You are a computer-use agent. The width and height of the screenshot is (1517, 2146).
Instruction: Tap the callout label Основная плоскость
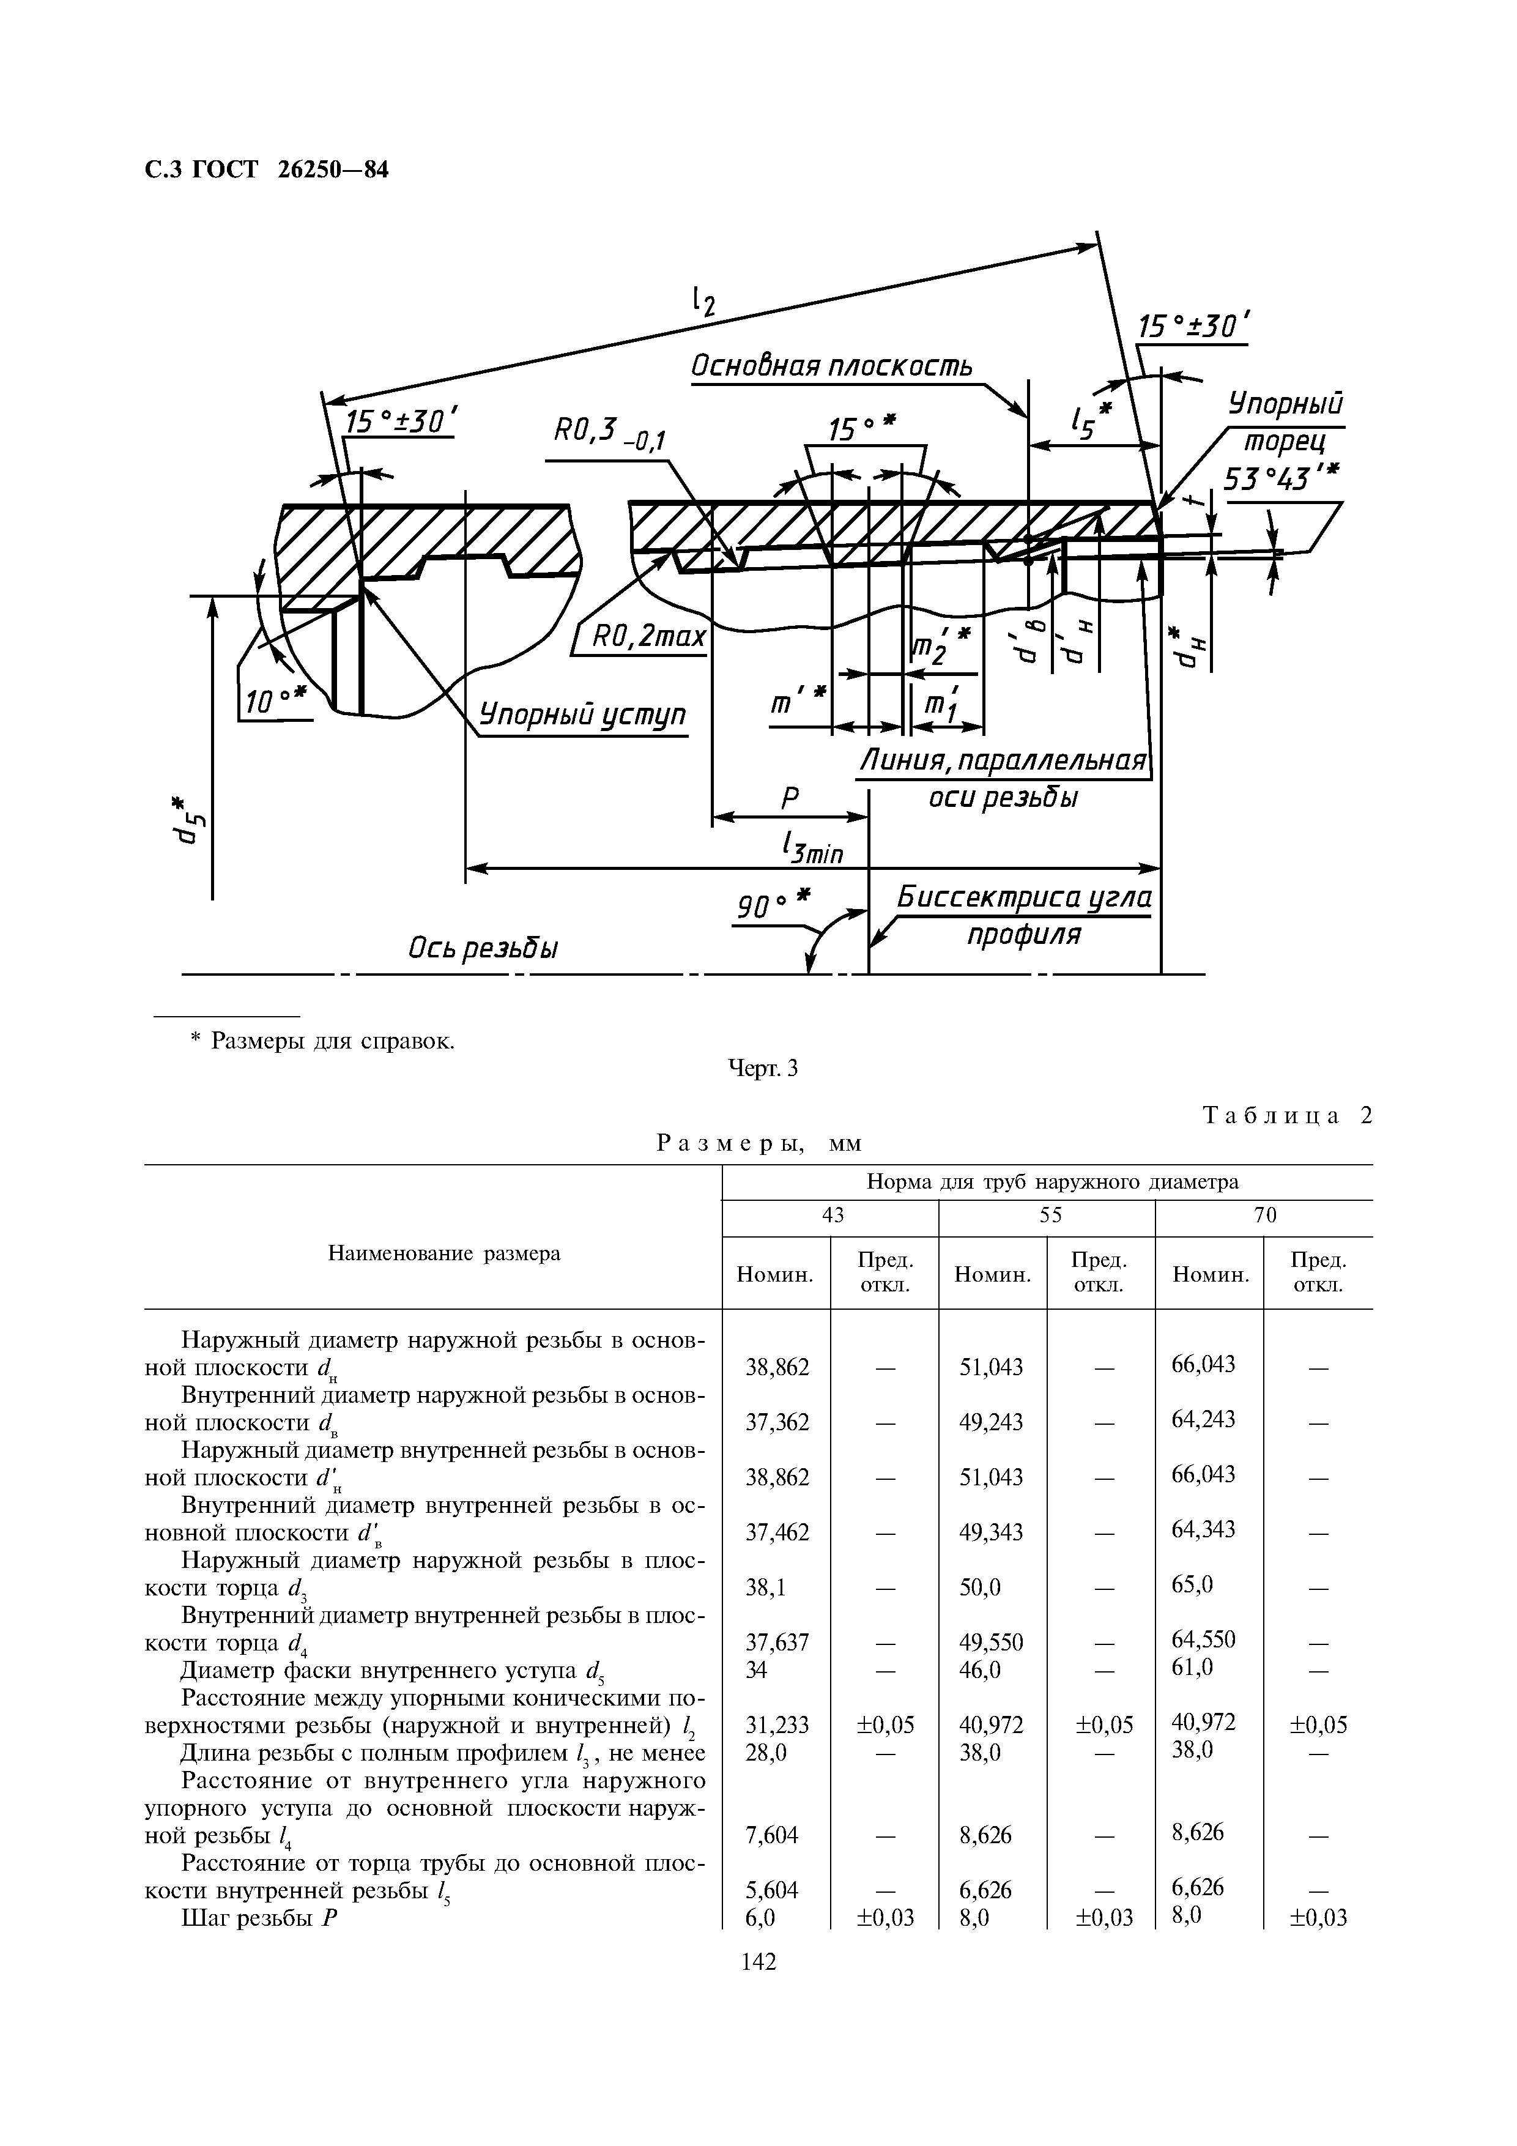tap(831, 365)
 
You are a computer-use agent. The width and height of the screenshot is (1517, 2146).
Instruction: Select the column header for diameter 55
tap(1048, 1215)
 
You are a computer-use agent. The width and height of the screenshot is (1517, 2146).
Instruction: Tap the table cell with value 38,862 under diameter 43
tap(777, 1367)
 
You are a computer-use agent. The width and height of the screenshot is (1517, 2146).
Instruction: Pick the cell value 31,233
tap(777, 1723)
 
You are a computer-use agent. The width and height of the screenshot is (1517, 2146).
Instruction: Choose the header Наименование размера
tap(444, 1253)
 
